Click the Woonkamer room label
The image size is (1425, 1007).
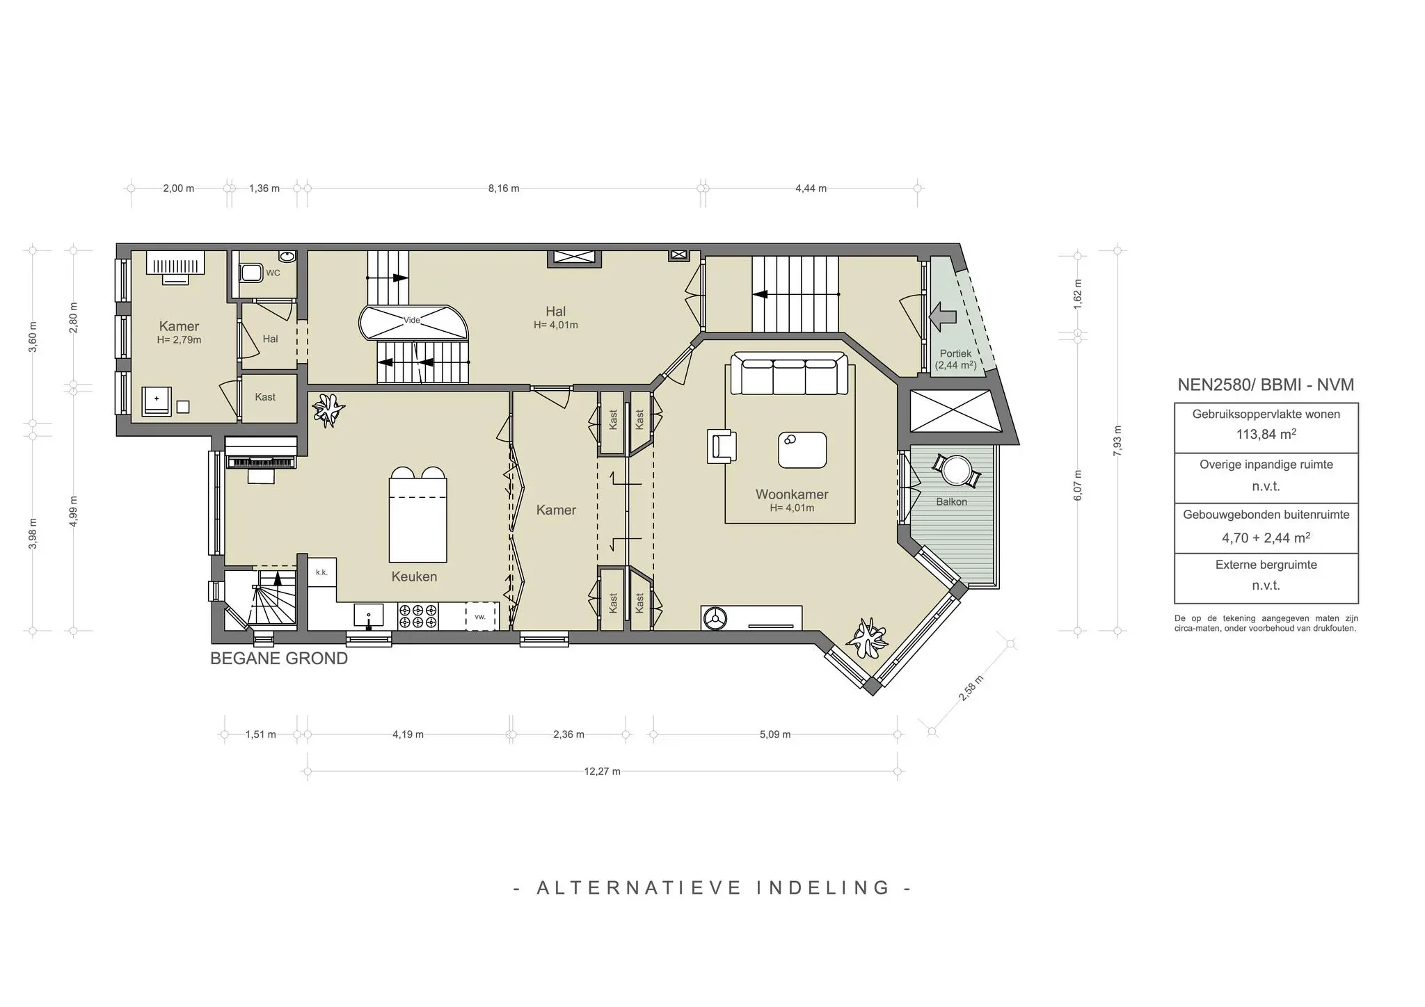pos(792,494)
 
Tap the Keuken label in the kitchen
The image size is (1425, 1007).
pos(414,577)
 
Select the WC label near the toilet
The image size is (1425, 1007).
pos(273,273)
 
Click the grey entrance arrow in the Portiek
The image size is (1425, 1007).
pos(944,317)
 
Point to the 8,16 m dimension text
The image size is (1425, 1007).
pos(503,188)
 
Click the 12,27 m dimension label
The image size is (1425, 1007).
pos(602,771)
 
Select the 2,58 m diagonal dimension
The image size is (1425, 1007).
pos(971,688)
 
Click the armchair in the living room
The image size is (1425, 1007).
pos(722,446)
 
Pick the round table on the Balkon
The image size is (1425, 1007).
pos(957,470)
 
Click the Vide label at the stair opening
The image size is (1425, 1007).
pos(412,320)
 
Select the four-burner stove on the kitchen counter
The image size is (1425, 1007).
pos(417,616)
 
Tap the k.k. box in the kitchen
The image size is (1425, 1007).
pos(321,572)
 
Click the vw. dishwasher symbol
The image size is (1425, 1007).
pos(479,617)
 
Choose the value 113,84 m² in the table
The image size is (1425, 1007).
pos(1266,435)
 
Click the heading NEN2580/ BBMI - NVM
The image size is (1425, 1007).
pos(1265,385)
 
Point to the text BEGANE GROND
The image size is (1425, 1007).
pos(279,658)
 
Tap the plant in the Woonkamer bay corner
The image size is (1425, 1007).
pos(868,638)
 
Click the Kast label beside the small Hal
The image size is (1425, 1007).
pos(265,397)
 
